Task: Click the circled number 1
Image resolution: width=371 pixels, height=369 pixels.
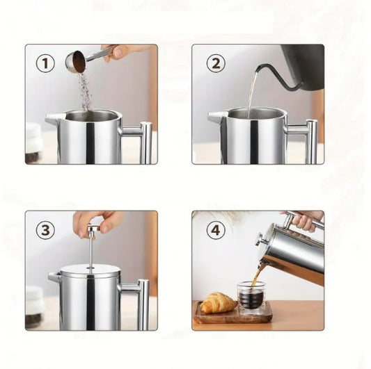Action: [x=45, y=63]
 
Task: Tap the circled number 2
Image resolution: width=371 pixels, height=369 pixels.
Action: [x=216, y=63]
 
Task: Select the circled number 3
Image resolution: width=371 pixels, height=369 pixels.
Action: [x=45, y=229]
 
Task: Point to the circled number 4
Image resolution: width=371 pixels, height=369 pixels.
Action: [x=216, y=229]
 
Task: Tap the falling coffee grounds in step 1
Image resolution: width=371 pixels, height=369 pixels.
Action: [x=86, y=91]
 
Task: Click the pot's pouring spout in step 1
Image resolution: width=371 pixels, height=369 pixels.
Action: [x=55, y=117]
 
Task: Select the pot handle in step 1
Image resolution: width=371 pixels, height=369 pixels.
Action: [x=140, y=140]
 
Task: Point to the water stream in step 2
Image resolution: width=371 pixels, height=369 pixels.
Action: [x=251, y=95]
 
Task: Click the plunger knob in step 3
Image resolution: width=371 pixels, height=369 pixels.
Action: [x=93, y=229]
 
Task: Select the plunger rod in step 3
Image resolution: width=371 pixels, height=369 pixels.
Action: [x=91, y=249]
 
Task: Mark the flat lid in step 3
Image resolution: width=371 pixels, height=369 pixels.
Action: [x=90, y=271]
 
